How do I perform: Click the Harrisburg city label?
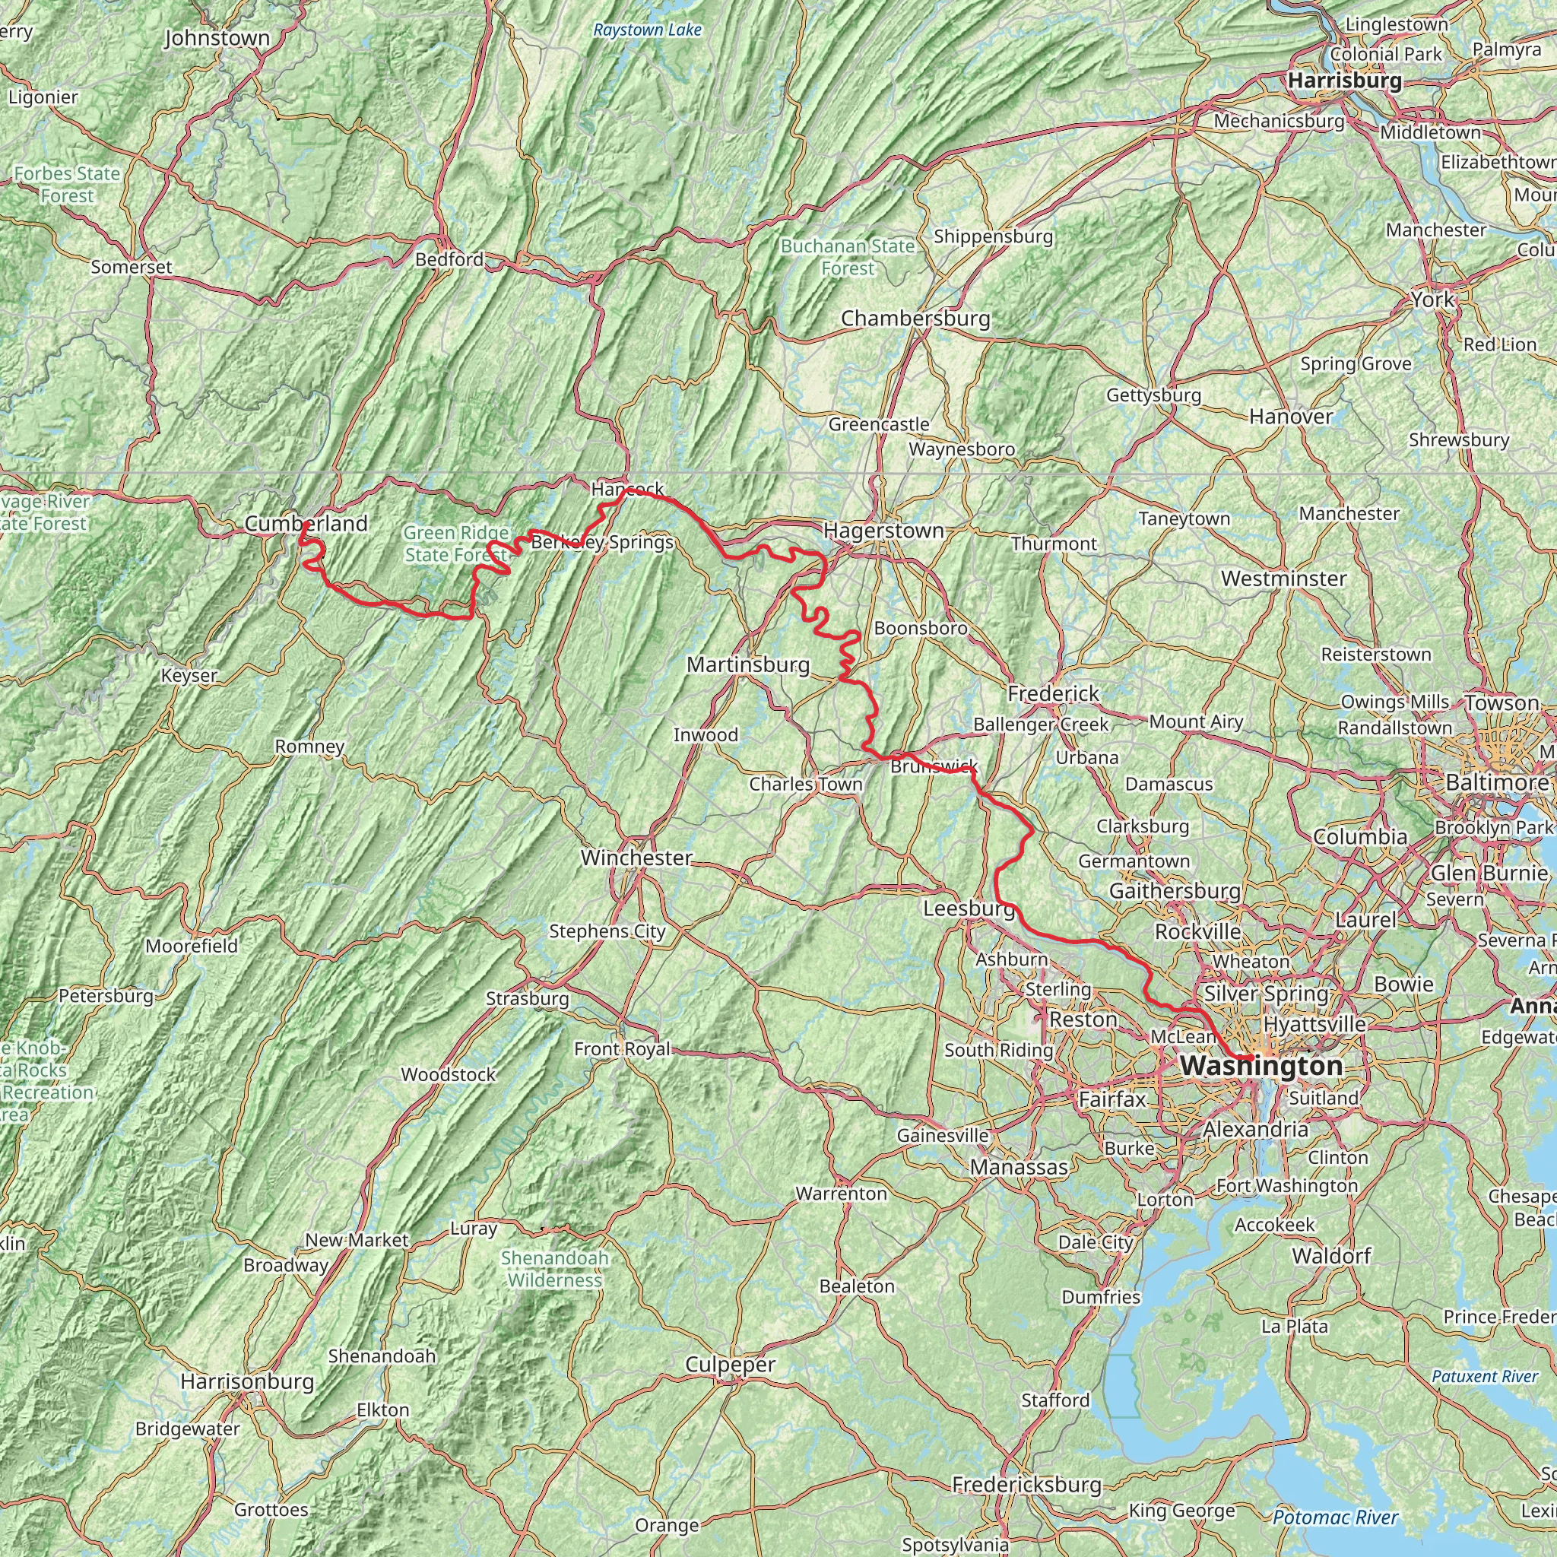[x=1344, y=81]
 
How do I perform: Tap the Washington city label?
[x=1261, y=1065]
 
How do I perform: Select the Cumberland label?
[x=306, y=524]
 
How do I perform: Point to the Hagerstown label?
[x=883, y=531]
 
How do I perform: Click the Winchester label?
[x=636, y=858]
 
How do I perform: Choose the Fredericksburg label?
[x=1026, y=1485]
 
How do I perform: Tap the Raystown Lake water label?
[x=647, y=30]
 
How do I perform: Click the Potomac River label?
[x=1335, y=1517]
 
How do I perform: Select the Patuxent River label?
[x=1485, y=1375]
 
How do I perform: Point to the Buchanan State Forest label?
[x=848, y=257]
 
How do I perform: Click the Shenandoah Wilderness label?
[x=554, y=1269]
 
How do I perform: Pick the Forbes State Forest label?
[x=67, y=185]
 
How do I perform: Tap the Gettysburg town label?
[x=1153, y=395]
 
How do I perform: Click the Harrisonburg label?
[x=246, y=1381]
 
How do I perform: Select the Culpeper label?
[x=730, y=1365]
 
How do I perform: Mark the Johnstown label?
[x=217, y=39]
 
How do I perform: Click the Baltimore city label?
[x=1496, y=782]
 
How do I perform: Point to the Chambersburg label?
[x=915, y=319]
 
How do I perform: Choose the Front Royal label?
[x=621, y=1048]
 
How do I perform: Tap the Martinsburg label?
[x=748, y=665]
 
